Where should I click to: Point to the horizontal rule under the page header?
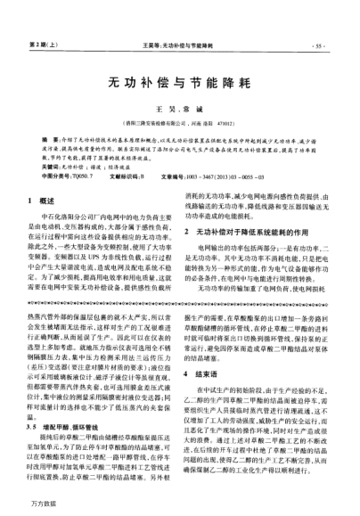[180, 49]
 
